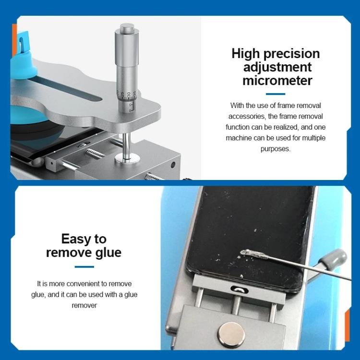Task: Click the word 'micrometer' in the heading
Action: pyautogui.click(x=277, y=80)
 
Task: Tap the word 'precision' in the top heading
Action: pyautogui.click(x=290, y=53)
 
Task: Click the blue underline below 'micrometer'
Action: pyautogui.click(x=276, y=94)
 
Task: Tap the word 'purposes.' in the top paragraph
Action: pyautogui.click(x=276, y=149)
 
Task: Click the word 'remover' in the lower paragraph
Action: pyautogui.click(x=84, y=305)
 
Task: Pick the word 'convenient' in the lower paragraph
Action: pyautogui.click(x=93, y=284)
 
